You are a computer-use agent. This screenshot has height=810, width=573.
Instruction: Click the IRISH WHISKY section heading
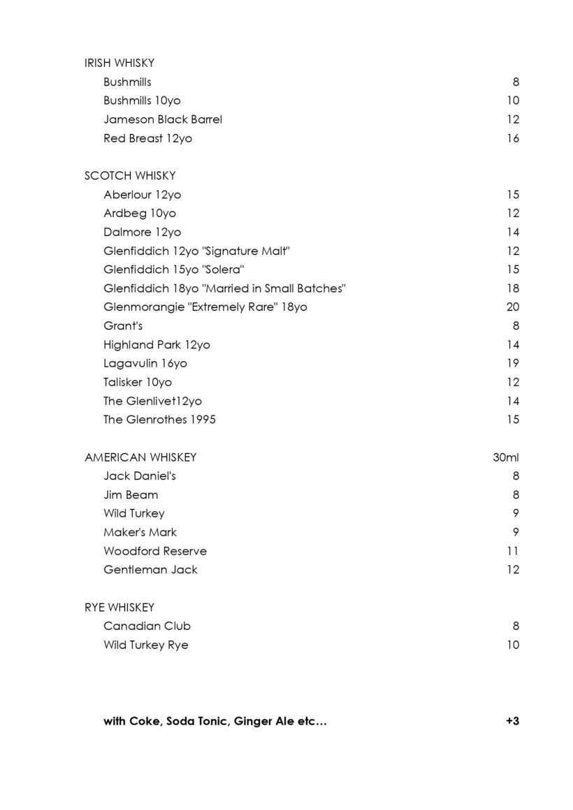(x=119, y=63)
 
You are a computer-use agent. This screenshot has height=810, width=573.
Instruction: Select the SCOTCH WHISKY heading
(x=130, y=176)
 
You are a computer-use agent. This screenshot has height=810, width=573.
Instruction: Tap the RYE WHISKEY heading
(x=119, y=607)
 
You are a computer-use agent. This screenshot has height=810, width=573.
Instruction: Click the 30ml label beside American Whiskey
(x=506, y=457)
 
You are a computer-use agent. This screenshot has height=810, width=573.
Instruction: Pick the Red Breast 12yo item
(x=147, y=138)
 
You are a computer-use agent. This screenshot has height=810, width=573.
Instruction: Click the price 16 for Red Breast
(x=513, y=138)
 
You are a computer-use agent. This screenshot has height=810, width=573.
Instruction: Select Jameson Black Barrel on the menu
(x=163, y=119)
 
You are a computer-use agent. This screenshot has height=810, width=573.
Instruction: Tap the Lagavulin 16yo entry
(x=145, y=363)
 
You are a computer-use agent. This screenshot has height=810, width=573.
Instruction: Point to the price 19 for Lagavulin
(x=513, y=363)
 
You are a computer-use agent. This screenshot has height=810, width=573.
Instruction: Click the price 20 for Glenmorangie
(x=512, y=307)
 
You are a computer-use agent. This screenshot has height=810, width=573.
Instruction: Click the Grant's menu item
(x=123, y=325)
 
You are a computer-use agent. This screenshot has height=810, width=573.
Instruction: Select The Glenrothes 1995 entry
(x=159, y=420)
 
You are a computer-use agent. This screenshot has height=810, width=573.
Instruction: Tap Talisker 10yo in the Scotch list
(x=138, y=382)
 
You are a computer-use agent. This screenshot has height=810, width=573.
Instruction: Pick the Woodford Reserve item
(x=155, y=551)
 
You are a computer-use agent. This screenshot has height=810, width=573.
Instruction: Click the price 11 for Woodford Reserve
(x=513, y=551)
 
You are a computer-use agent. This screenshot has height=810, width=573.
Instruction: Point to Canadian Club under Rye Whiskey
(x=147, y=626)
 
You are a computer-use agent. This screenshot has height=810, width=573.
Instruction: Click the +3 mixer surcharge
(x=512, y=721)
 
